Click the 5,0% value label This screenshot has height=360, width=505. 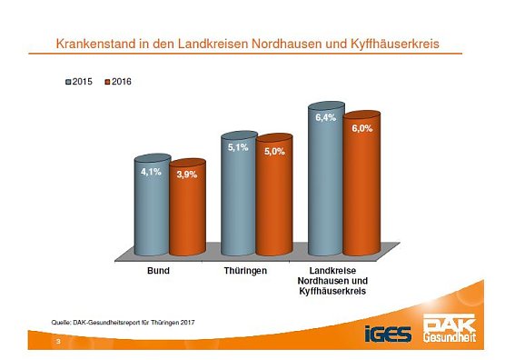click(x=274, y=151)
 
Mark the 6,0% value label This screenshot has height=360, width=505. click(x=361, y=129)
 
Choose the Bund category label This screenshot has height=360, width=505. click(x=157, y=270)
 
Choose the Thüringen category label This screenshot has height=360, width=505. click(x=244, y=270)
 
